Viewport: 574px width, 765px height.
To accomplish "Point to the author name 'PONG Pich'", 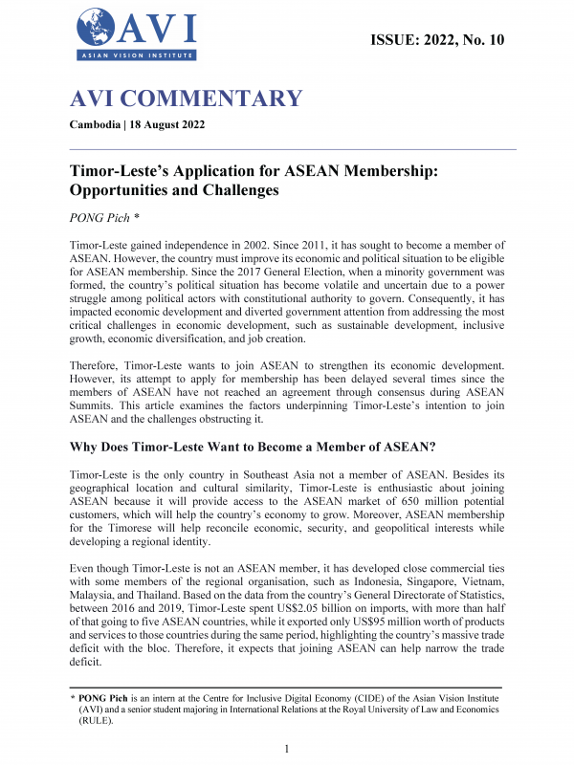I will tap(101, 218).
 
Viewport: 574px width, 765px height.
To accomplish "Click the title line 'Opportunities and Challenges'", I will tap(174, 190).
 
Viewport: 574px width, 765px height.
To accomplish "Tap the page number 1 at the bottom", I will tap(287, 749).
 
